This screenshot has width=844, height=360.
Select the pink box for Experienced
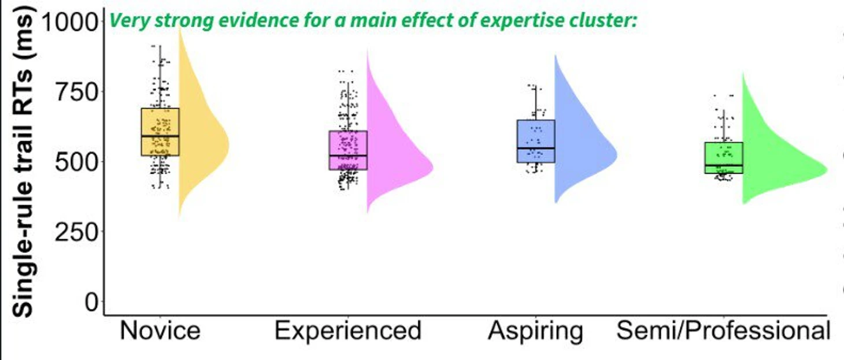[348, 144]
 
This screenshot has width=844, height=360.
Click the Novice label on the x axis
[160, 331]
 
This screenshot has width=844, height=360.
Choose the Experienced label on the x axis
[347, 331]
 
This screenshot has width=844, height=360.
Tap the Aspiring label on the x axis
[535, 331]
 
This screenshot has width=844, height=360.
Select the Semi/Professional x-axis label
[723, 331]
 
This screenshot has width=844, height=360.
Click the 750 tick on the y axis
[76, 92]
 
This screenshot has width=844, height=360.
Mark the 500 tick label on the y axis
[76, 162]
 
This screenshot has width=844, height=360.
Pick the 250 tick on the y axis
[76, 231]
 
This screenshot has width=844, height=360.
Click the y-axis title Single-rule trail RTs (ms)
[23, 162]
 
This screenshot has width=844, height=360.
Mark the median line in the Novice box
[160, 136]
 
